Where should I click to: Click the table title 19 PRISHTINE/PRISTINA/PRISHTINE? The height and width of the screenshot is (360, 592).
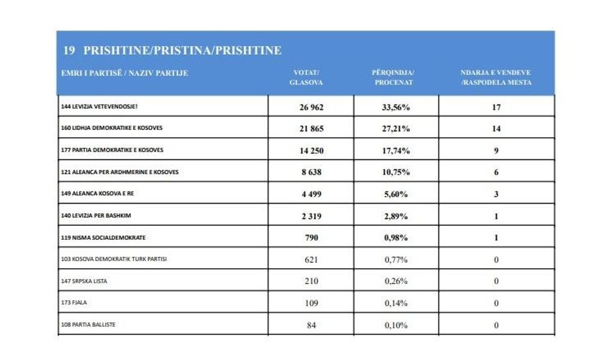tap(172, 50)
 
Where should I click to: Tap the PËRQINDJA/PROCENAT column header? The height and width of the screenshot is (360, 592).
tap(393, 77)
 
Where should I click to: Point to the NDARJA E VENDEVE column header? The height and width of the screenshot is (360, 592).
tap(496, 77)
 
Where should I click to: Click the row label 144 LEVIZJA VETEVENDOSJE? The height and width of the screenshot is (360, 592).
tap(103, 106)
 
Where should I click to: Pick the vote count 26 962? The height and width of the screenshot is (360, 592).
tap(311, 107)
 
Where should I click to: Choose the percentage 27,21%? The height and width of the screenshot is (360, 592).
tap(396, 129)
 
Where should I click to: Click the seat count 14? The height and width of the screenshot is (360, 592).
tap(496, 129)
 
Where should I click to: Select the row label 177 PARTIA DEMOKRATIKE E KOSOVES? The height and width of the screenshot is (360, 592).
tap(112, 150)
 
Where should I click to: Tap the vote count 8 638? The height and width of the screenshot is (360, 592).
tap(311, 172)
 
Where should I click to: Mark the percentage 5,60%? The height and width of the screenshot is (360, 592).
tap(396, 194)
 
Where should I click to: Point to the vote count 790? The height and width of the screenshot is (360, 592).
tap(311, 237)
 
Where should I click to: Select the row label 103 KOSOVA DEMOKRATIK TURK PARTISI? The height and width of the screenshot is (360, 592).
tap(114, 259)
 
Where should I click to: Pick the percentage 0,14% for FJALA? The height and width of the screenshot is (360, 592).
tap(396, 303)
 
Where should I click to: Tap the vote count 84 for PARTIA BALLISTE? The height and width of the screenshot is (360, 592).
tap(311, 325)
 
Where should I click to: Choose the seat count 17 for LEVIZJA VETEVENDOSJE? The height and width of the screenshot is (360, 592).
tap(496, 107)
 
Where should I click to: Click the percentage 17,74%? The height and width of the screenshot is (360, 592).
tap(396, 150)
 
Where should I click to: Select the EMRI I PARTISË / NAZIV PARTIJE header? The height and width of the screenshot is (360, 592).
tap(124, 73)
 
